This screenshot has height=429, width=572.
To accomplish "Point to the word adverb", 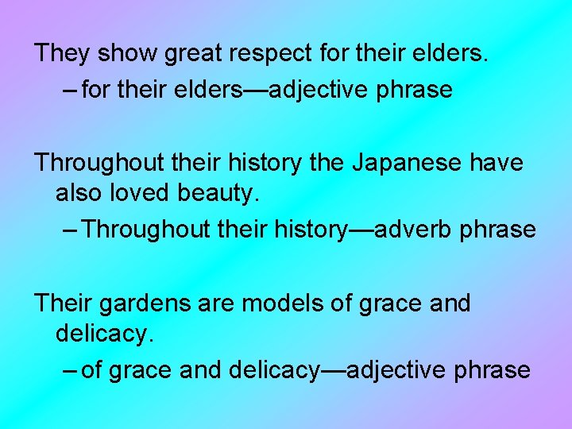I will (x=412, y=230).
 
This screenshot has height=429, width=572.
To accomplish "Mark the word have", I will (x=497, y=163).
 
